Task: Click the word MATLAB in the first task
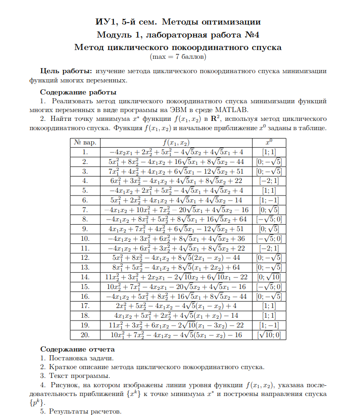click(232, 110)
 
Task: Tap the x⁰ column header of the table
click(269, 142)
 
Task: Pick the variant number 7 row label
click(85, 209)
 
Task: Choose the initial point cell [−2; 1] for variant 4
click(269, 181)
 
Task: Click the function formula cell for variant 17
click(177, 306)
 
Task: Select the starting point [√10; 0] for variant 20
click(269, 334)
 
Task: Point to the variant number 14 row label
click(85, 277)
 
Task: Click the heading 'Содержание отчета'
click(77, 349)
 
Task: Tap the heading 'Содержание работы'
click(78, 92)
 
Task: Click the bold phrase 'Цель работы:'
click(66, 71)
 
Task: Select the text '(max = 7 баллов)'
click(178, 57)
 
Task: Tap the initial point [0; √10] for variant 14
click(269, 277)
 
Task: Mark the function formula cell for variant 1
click(177, 152)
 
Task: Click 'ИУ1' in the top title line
click(103, 22)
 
